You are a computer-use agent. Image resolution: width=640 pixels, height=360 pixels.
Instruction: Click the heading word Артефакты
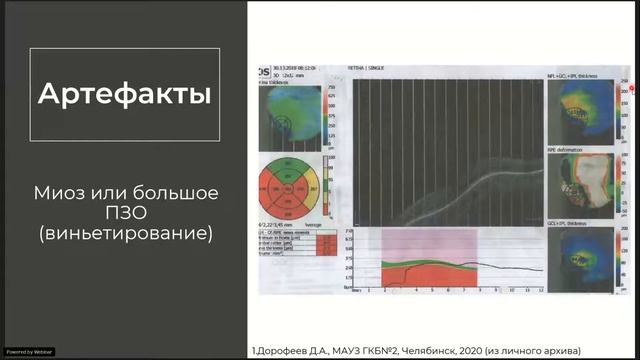(x=124, y=95)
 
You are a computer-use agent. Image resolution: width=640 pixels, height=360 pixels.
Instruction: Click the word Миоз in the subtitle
(x=63, y=191)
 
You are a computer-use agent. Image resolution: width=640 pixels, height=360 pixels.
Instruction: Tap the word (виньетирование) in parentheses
(x=124, y=235)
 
